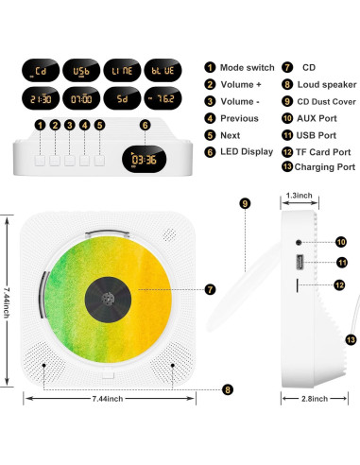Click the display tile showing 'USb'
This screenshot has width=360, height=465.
pos(81,72)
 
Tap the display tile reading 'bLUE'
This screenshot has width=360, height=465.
pos(164,72)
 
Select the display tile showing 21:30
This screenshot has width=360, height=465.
pos(40,99)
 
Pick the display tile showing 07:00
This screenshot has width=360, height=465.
pos(81,99)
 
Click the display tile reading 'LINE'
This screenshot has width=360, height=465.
pos(123,72)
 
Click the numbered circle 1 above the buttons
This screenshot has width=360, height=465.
pos(40,125)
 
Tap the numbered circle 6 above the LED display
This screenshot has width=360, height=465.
pos(145,125)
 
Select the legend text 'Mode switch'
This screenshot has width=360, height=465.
pos(245,68)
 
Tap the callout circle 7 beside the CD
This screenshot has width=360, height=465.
pos(210,287)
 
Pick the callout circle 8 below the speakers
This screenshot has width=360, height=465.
pos(226,388)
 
